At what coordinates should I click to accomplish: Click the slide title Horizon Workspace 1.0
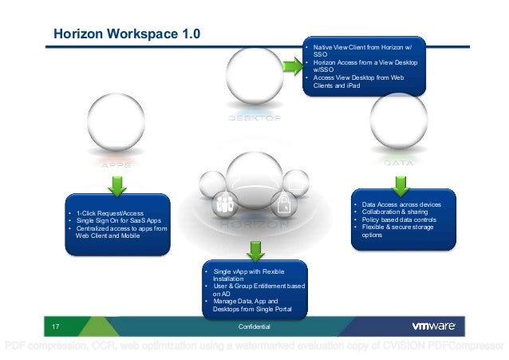point(126,34)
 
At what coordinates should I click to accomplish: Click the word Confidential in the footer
point(254,327)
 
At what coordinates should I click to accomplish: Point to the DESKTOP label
point(254,118)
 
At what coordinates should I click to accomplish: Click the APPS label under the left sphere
point(116,163)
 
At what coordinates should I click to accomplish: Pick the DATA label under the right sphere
point(398,163)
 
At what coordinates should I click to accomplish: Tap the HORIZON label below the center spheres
point(254,225)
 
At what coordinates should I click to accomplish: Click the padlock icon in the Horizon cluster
point(283,203)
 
